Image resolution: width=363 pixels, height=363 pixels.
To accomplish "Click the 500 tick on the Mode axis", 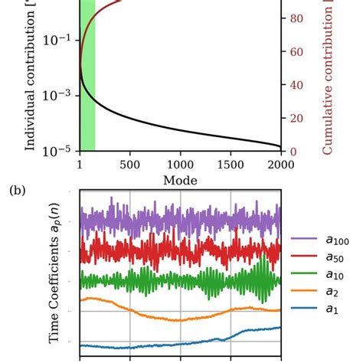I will [x=129, y=164].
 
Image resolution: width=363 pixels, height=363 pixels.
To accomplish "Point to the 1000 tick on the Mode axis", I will [x=180, y=164].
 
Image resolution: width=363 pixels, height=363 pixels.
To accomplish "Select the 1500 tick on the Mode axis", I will [x=231, y=164].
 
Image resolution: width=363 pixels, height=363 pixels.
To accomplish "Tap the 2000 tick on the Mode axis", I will [x=280, y=164].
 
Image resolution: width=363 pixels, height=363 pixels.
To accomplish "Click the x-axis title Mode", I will [x=180, y=180].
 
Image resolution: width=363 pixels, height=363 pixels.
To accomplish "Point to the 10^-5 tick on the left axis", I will [x=60, y=151].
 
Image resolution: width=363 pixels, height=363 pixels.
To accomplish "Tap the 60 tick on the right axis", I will [x=296, y=52].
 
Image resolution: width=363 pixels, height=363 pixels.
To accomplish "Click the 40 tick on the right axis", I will [x=296, y=85].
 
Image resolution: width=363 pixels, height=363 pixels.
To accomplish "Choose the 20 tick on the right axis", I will [x=296, y=119].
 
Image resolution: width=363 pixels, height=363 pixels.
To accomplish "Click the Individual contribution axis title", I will [x=31, y=77].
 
